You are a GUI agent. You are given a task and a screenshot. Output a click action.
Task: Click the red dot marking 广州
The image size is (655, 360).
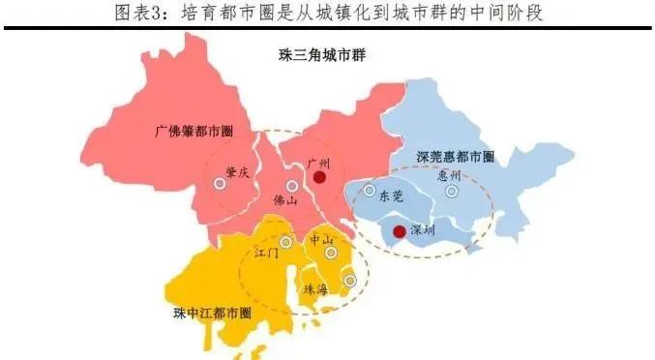point(320,177)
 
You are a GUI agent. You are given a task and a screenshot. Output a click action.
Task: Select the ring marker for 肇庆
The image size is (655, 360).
point(220,184)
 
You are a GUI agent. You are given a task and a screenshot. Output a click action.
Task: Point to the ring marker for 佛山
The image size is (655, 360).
point(292,185)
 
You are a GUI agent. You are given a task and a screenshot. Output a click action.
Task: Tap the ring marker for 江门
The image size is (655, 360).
point(285,242)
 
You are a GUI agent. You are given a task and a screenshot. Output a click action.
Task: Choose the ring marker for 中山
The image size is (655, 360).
point(331,253)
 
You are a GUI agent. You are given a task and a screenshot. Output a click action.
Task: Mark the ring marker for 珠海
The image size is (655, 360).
point(350,281)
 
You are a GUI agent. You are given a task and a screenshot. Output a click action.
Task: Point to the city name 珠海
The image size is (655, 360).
point(316,289)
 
